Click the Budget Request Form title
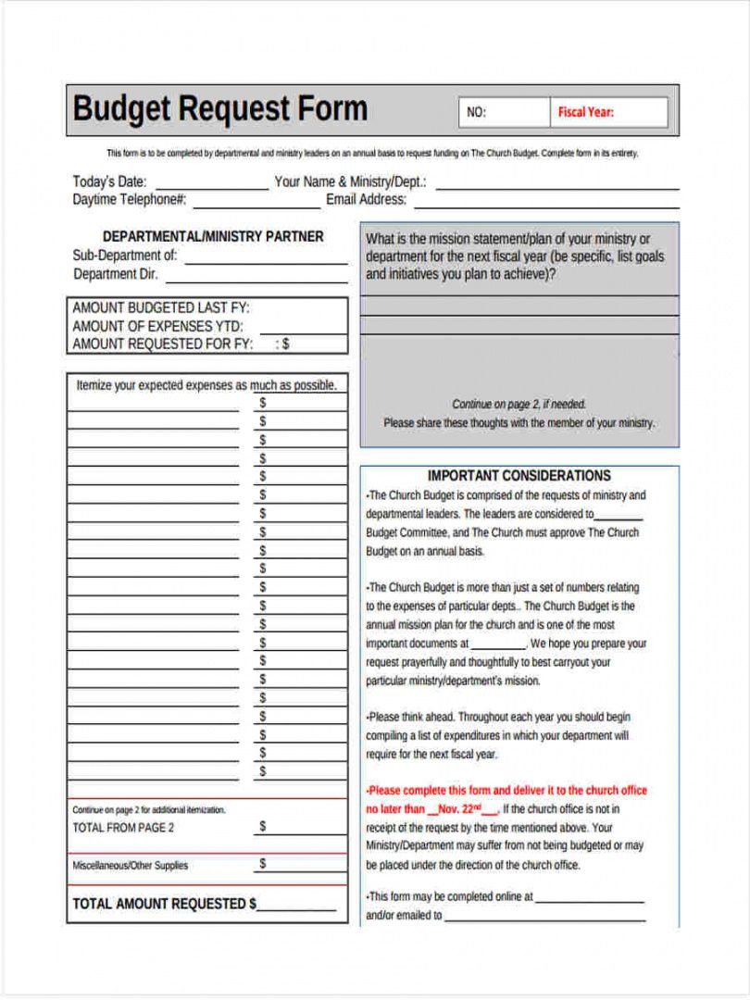(219, 109)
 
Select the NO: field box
(503, 113)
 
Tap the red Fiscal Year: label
(585, 113)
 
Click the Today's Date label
(109, 181)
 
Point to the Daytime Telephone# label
(130, 199)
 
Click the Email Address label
(366, 199)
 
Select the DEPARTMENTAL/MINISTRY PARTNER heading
(213, 237)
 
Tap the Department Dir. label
(116, 274)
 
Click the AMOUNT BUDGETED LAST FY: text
(161, 308)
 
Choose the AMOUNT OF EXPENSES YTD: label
(157, 326)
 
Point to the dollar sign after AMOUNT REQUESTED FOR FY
(285, 344)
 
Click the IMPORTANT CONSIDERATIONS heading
(519, 476)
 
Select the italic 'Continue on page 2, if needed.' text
(519, 405)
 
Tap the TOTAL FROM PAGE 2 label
(123, 828)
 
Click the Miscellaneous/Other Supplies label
(130, 866)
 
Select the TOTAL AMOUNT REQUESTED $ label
(164, 904)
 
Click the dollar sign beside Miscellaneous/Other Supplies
(263, 864)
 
